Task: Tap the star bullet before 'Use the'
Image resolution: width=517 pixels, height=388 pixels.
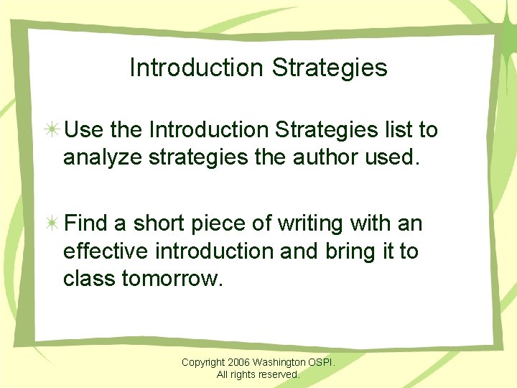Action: (52, 130)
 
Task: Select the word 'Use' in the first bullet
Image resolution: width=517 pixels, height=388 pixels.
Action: (83, 130)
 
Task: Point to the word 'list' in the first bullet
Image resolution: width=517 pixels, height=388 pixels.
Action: (392, 130)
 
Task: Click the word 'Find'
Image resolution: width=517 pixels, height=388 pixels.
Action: (86, 224)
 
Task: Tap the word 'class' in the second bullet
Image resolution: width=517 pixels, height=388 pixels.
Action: (90, 277)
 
